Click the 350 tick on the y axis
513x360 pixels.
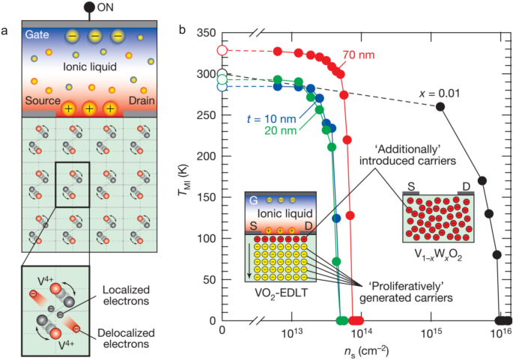[x=206, y=34]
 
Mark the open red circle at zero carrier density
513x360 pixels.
[x=222, y=50]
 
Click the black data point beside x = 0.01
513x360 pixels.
[x=440, y=106]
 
